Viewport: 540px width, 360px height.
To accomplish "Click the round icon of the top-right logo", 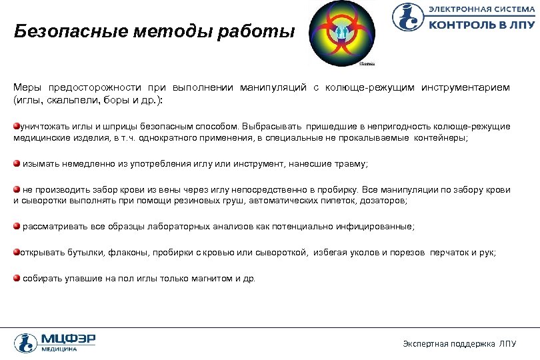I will coord(407,17).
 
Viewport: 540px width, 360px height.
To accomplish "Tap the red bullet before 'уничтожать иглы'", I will coord(17,126).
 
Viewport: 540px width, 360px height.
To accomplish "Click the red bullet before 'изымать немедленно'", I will coord(17,163).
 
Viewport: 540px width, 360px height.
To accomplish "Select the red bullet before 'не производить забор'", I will coord(17,189).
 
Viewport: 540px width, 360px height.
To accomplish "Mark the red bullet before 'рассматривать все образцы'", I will coord(17,227).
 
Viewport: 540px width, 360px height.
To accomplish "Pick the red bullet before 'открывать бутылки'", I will coord(17,253).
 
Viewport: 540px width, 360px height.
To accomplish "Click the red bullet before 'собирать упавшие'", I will coord(17,278).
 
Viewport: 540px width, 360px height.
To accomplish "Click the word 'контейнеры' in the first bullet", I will coord(444,137).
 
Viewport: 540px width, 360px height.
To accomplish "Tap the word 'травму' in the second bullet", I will coord(352,163).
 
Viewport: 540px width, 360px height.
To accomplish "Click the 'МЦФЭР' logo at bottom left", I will coord(55,342).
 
